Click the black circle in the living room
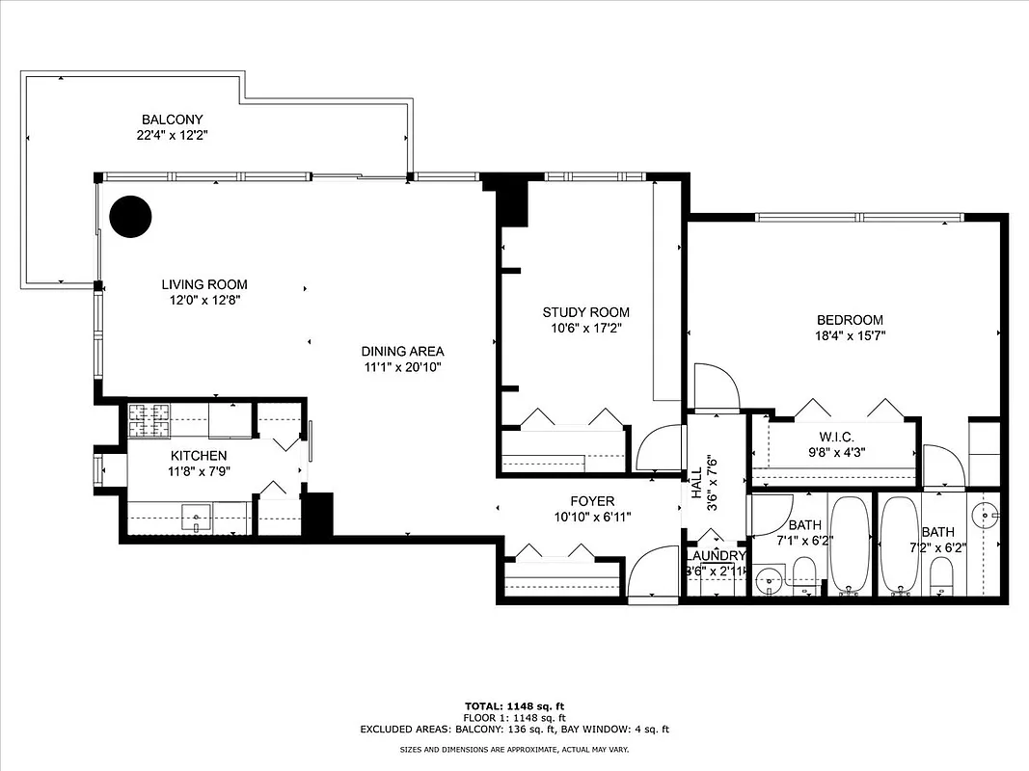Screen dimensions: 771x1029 click(130, 217)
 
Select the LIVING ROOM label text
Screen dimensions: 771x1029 click(204, 284)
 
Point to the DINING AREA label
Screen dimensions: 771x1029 click(403, 352)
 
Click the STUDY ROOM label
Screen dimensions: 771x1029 click(585, 312)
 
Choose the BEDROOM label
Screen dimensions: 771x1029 click(850, 320)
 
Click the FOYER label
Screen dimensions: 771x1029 click(592, 501)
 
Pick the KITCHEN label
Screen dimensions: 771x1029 click(199, 456)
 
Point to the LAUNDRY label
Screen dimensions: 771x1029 click(715, 556)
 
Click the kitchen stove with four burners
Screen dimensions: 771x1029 click(149, 417)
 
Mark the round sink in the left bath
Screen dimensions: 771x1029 click(769, 581)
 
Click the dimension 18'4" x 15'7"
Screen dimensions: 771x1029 click(850, 335)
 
